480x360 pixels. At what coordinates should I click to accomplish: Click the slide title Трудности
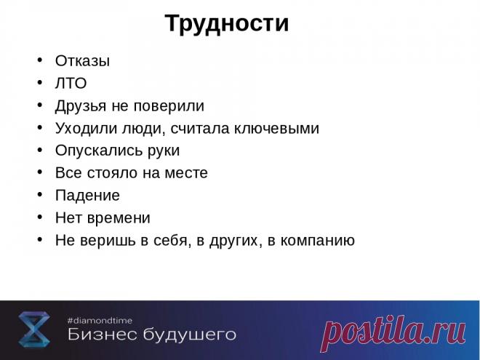point(226,23)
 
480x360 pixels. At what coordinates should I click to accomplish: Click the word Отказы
point(82,61)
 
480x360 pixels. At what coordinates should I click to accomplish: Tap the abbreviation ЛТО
point(71,84)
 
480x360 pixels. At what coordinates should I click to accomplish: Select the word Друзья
point(81,106)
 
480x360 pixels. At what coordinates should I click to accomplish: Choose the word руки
point(161,151)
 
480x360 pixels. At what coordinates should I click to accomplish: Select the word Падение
point(87,196)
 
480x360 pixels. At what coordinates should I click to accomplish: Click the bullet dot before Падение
point(39,195)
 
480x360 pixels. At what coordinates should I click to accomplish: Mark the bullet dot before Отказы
point(39,60)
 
